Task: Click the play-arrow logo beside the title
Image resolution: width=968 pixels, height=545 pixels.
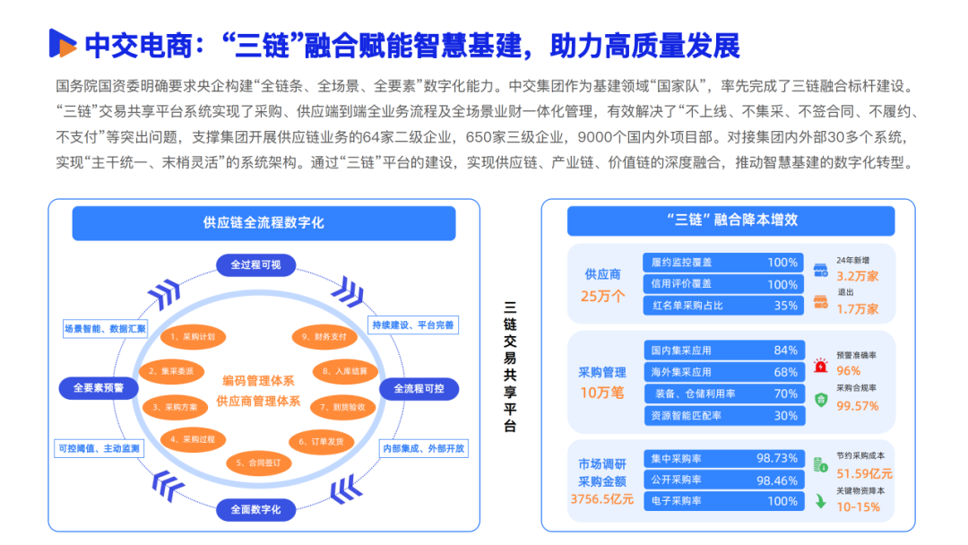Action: [x=62, y=43]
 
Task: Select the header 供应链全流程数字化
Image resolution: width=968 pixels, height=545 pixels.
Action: [x=264, y=223]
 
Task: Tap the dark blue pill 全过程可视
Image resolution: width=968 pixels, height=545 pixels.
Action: [x=255, y=264]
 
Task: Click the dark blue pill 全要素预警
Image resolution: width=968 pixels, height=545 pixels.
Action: [x=99, y=388]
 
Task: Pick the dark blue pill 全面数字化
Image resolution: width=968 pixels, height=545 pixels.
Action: [x=255, y=510]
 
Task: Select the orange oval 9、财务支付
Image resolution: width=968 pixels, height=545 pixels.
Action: [x=318, y=336]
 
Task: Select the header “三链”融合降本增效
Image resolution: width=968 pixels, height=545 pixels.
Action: [x=730, y=221]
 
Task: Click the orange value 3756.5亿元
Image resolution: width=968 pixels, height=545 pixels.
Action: [x=602, y=499]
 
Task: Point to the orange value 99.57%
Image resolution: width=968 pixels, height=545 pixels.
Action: [x=857, y=405]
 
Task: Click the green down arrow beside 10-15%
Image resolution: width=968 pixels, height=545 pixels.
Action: [x=820, y=502]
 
